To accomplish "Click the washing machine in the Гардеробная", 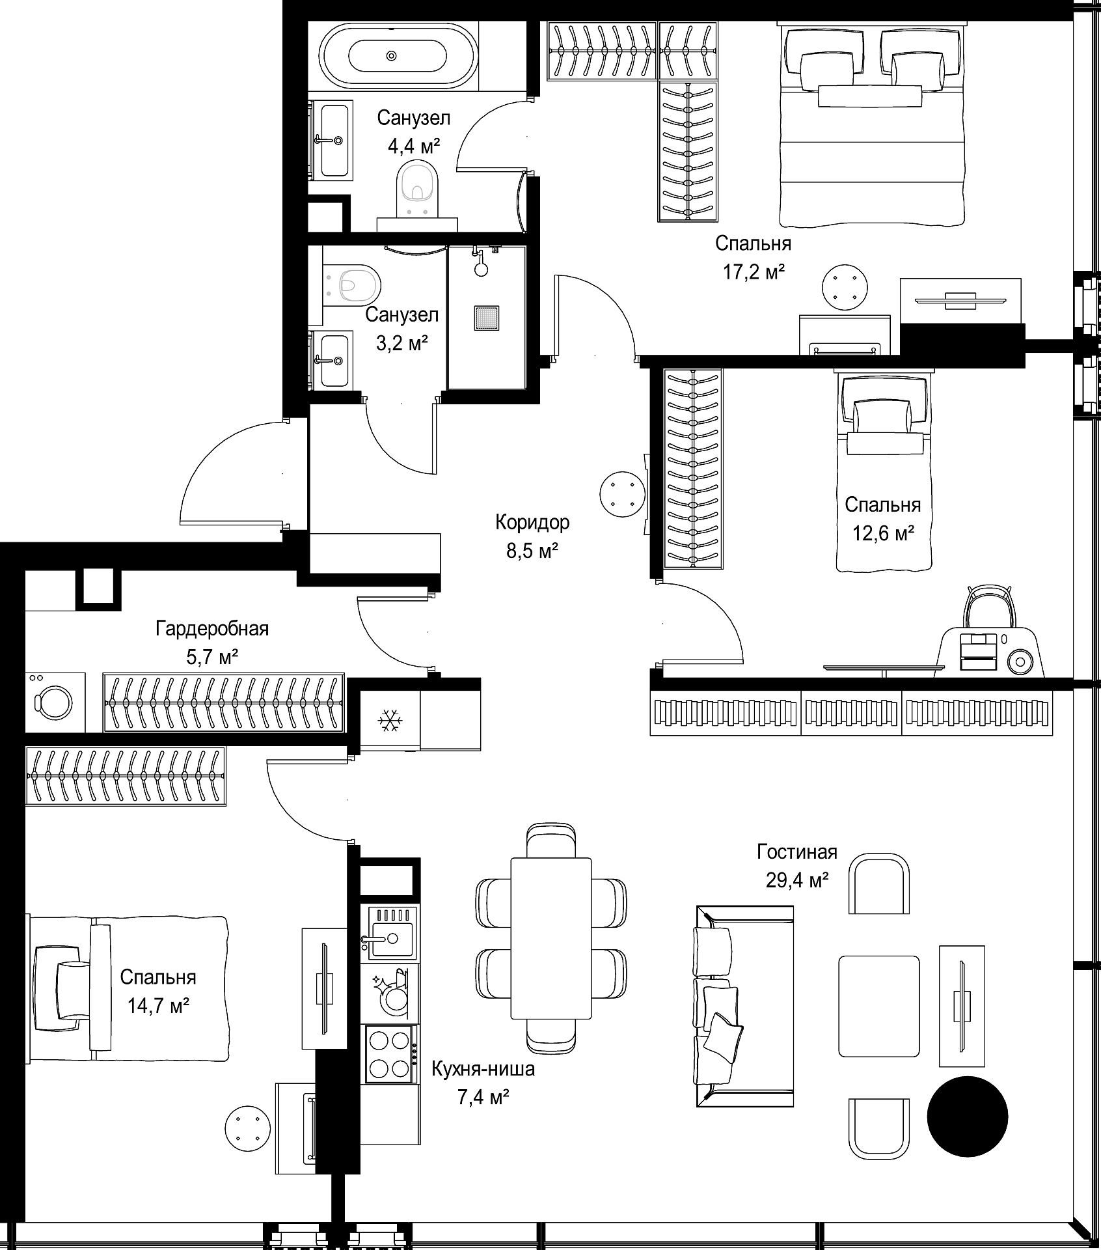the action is coord(55,702).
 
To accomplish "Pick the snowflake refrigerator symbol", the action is coord(390,720).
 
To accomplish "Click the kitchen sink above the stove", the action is coord(389,933).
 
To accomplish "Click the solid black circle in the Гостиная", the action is coord(967,1117).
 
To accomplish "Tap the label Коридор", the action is coord(532,521).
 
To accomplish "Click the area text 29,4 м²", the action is coord(796,881).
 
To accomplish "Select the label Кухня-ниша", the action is coord(483,1069).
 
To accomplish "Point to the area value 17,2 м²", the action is coord(754,271).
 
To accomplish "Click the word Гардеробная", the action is coord(212,628).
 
